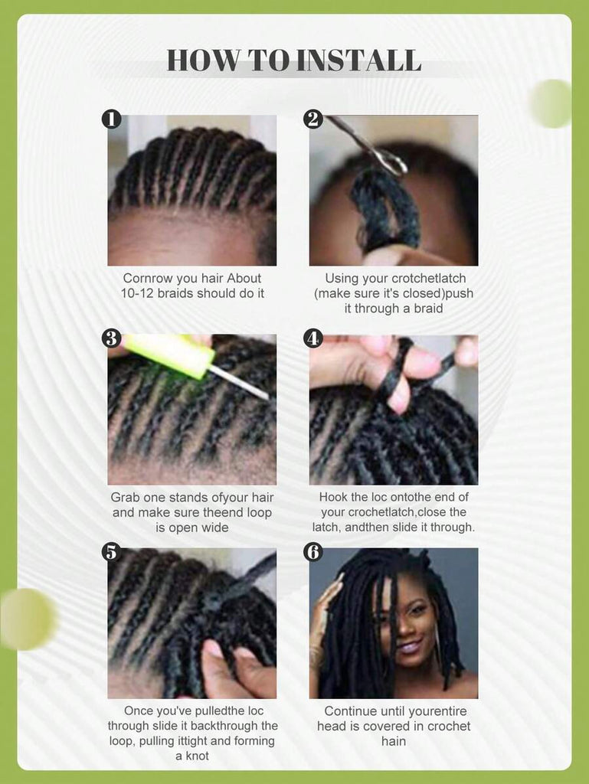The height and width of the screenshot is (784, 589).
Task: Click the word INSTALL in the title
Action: click(x=358, y=60)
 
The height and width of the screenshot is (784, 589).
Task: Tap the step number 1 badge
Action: click(x=111, y=119)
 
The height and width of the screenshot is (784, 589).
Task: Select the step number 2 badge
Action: click(x=313, y=119)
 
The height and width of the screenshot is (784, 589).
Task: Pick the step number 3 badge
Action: click(x=111, y=338)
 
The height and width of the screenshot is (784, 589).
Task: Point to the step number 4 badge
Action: click(x=313, y=338)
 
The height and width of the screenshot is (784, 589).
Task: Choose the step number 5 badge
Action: click(x=111, y=552)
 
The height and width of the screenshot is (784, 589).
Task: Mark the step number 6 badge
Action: click(x=313, y=552)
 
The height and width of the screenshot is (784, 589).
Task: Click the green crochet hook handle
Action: click(x=169, y=354)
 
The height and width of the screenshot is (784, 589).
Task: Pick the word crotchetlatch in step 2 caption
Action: click(x=429, y=278)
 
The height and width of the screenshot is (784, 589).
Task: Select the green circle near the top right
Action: click(x=551, y=103)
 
